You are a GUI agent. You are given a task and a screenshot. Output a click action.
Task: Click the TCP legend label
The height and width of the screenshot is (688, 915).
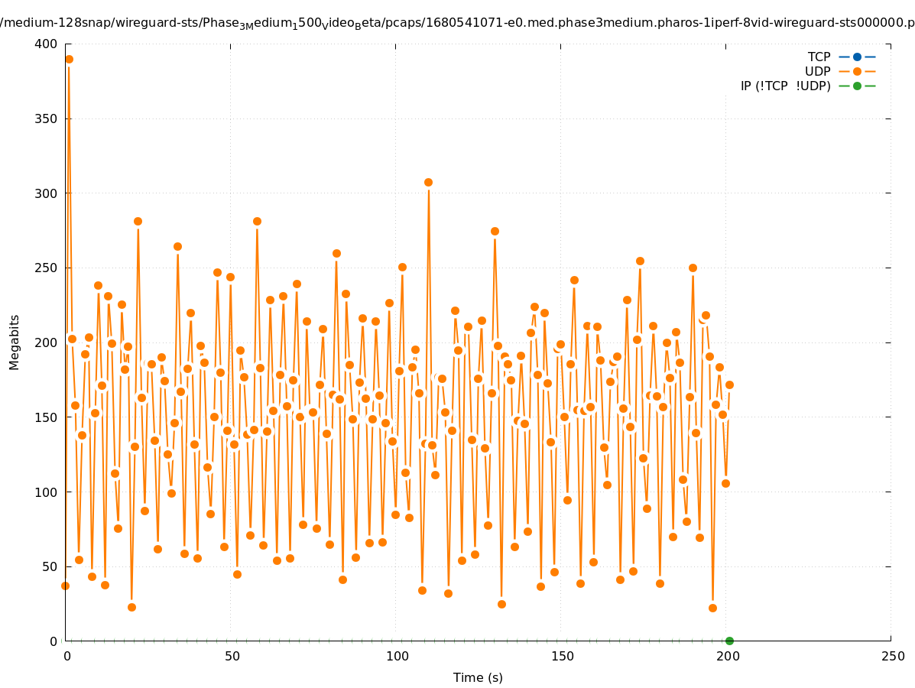(819, 57)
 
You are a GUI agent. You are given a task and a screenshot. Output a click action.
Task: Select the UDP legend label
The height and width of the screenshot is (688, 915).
(817, 71)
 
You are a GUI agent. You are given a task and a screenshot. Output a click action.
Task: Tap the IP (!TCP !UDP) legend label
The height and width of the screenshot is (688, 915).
(785, 86)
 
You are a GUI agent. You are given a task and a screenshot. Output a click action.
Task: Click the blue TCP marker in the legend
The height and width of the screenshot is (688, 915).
(857, 57)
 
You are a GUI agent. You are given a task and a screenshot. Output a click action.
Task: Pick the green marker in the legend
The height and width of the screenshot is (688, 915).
(857, 86)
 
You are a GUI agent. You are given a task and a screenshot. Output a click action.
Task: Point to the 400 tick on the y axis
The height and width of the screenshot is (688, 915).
(46, 44)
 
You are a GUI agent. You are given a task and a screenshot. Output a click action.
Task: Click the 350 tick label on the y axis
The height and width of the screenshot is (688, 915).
(46, 119)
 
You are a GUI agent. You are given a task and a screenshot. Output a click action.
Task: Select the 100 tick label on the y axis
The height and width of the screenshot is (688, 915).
(46, 492)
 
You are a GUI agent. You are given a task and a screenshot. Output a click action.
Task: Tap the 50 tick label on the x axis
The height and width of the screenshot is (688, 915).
(231, 657)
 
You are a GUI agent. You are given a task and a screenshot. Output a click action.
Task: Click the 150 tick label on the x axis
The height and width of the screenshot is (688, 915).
(561, 657)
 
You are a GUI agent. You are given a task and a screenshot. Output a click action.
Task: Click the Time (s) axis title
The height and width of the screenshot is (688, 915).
(478, 677)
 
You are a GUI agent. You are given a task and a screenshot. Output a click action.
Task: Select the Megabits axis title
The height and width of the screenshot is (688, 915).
(15, 342)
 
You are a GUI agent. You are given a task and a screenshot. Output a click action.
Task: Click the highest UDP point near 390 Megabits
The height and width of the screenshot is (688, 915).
(69, 59)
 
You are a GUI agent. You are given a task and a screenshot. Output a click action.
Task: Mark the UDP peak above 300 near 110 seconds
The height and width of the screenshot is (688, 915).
(428, 182)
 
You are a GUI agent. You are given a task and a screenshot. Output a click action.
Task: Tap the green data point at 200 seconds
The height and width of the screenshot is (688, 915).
(729, 641)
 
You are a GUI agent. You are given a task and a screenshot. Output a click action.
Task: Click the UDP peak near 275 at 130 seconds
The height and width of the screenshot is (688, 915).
(495, 231)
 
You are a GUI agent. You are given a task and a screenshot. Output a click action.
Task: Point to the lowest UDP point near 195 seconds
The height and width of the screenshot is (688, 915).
(712, 608)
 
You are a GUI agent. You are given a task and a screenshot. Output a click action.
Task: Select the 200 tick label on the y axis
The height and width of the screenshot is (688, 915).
(46, 342)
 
